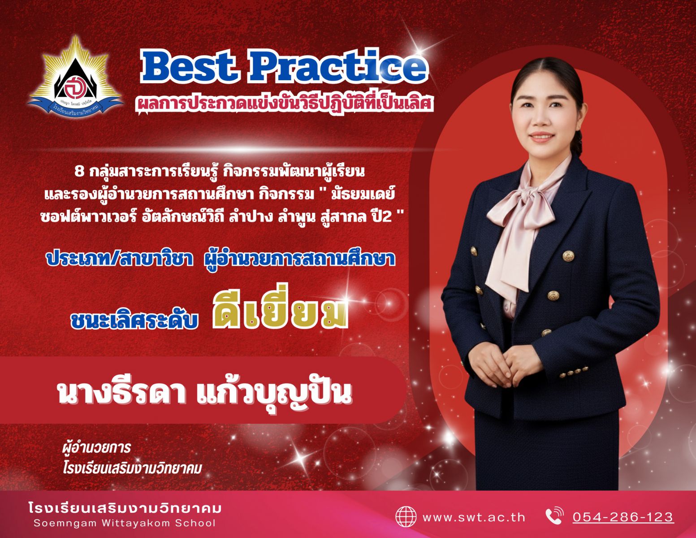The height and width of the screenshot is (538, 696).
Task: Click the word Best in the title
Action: pyautogui.click(x=186, y=66)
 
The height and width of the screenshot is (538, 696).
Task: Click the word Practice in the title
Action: pyautogui.click(x=339, y=66)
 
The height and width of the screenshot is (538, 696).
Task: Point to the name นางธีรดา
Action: pyautogui.click(x=122, y=393)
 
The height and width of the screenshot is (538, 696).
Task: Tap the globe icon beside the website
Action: pyautogui.click(x=406, y=517)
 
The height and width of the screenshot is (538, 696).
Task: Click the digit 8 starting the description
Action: pyautogui.click(x=79, y=173)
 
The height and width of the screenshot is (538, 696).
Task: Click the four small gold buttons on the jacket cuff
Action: pyautogui.click(x=574, y=372)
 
